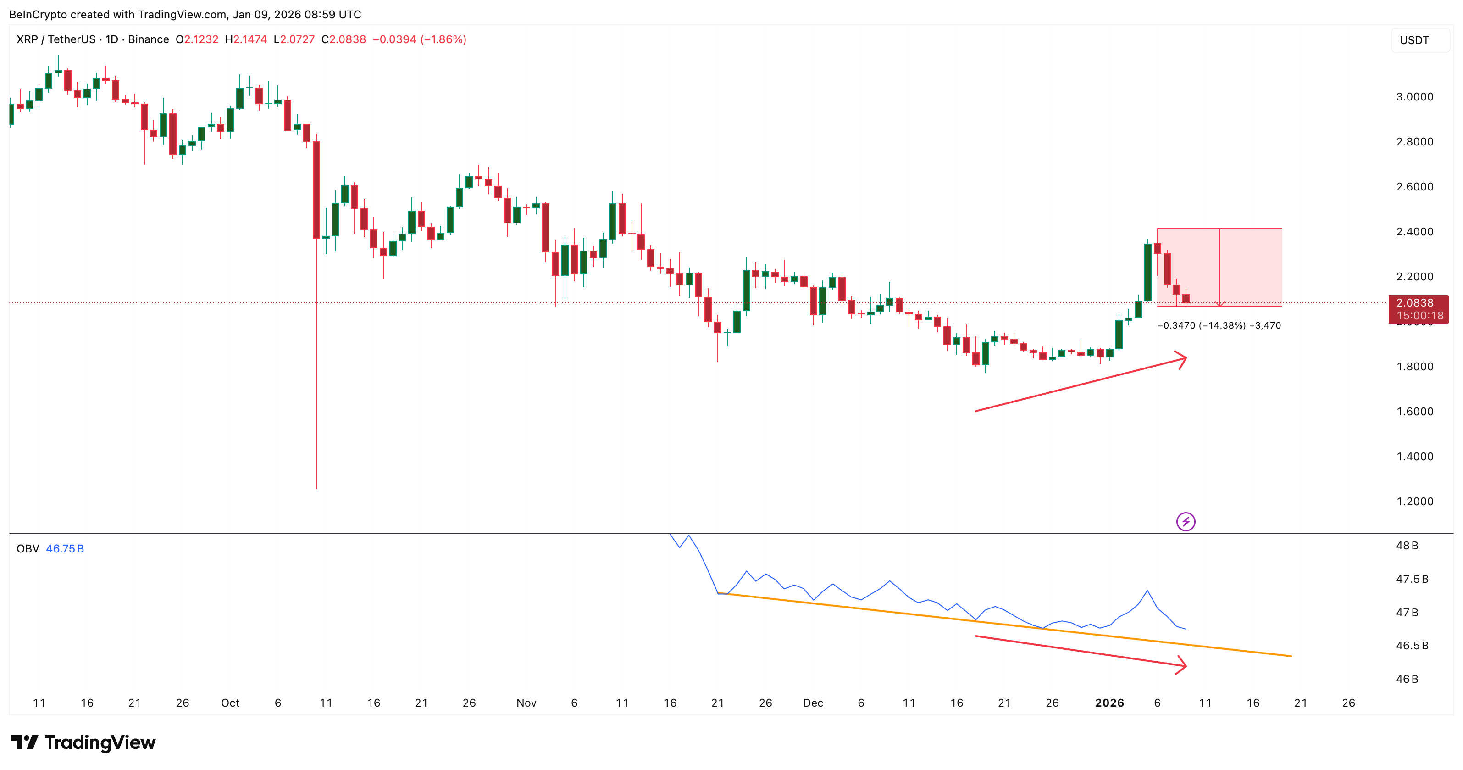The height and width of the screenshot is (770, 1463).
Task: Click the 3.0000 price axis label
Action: pos(1414,97)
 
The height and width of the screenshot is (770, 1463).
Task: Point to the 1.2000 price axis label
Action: pos(1414,501)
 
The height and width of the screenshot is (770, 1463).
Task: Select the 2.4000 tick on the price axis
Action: pos(1414,231)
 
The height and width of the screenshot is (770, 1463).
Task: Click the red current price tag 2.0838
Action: pos(1418,303)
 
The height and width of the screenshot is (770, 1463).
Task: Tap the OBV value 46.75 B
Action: pos(65,548)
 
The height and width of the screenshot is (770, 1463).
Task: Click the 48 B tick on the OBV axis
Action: pos(1407,546)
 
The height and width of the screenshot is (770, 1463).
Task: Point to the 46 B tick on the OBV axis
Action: pos(1407,679)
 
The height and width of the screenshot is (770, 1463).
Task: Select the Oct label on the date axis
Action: pos(230,703)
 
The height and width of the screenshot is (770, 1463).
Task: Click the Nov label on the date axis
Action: pos(526,703)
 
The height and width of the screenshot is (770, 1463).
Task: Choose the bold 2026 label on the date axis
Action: pos(1109,703)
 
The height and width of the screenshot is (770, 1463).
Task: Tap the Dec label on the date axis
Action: pos(813,703)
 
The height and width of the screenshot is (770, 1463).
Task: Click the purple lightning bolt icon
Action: pos(1185,522)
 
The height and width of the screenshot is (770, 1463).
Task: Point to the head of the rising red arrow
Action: pos(1184,359)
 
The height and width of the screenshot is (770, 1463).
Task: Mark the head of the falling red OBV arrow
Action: pos(1184,665)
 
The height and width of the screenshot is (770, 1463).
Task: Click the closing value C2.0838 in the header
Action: pos(343,39)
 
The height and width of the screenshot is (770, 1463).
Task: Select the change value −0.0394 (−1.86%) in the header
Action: pos(419,39)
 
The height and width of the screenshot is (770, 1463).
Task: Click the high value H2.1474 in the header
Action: pos(245,39)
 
